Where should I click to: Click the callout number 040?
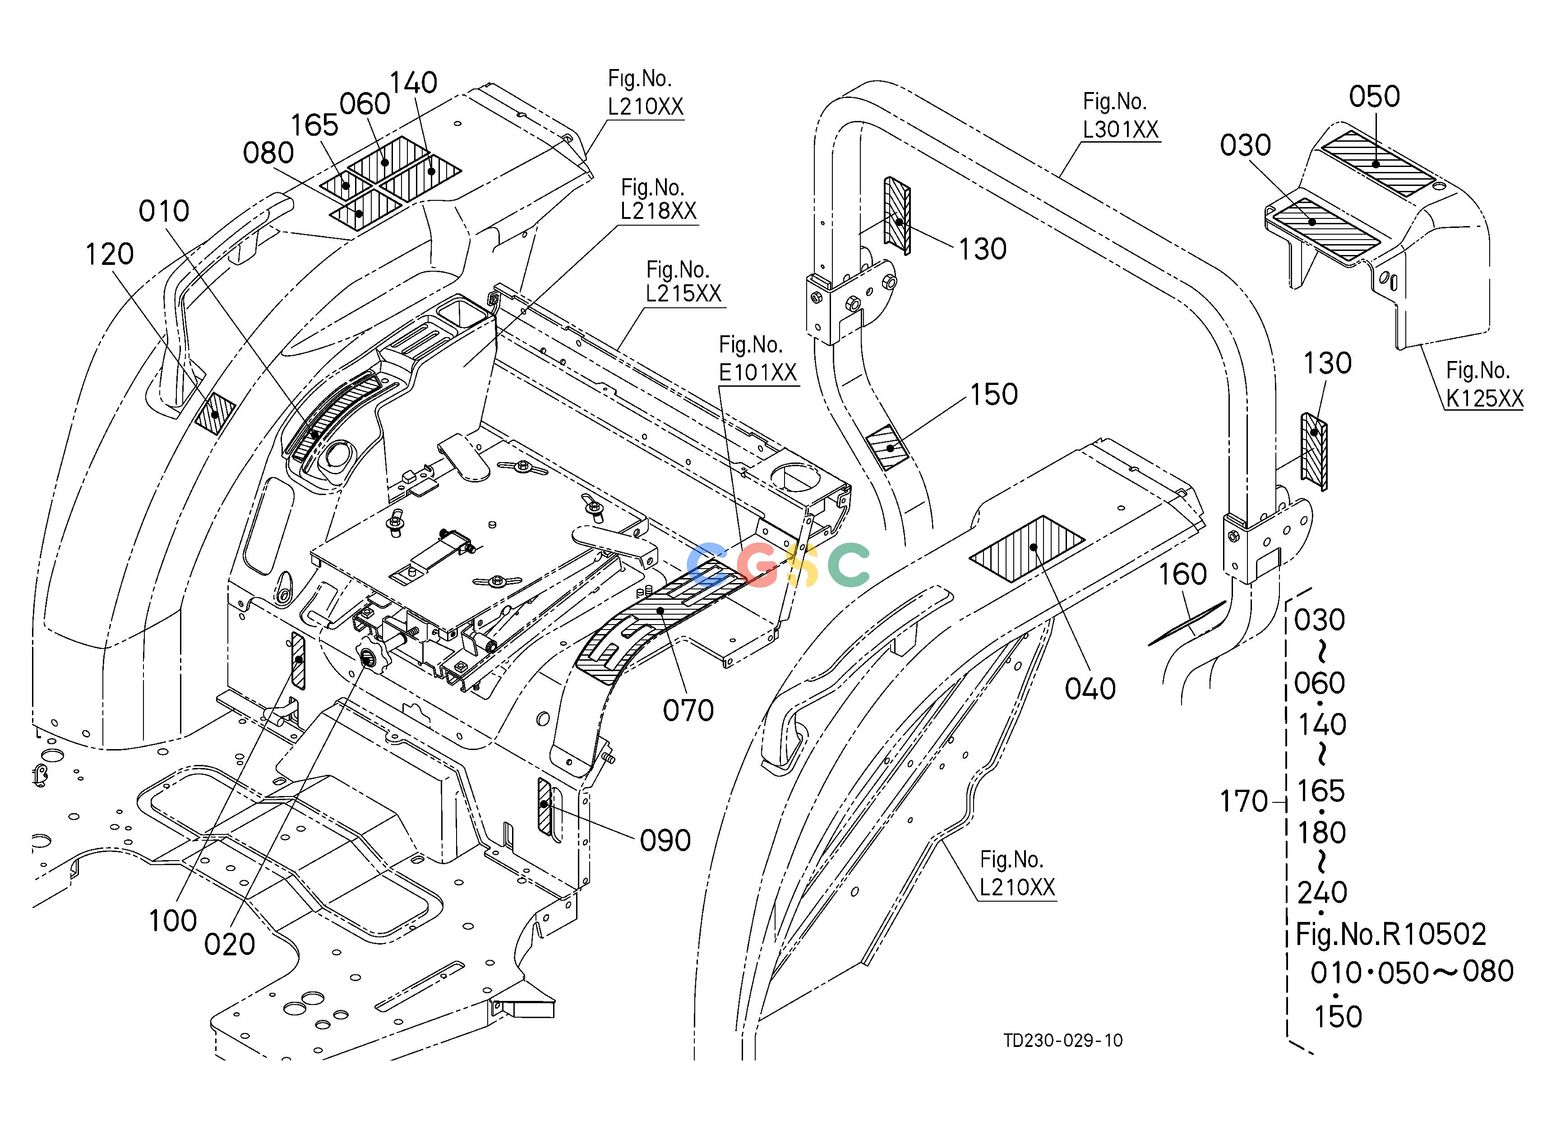pos(1090,689)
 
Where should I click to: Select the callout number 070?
pos(688,710)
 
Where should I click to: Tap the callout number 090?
pos(665,840)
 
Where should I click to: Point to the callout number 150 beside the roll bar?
pos(993,394)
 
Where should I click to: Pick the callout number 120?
pos(109,255)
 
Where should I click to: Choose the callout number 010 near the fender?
pos(164,211)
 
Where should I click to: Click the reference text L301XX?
pos(1120,130)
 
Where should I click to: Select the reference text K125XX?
pos(1484,398)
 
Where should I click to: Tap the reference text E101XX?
pos(757,373)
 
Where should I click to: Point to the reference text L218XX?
pos(659,211)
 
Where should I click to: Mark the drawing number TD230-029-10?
pos(1063,1041)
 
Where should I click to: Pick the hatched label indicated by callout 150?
pos(888,447)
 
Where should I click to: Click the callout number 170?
pos(1243,801)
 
